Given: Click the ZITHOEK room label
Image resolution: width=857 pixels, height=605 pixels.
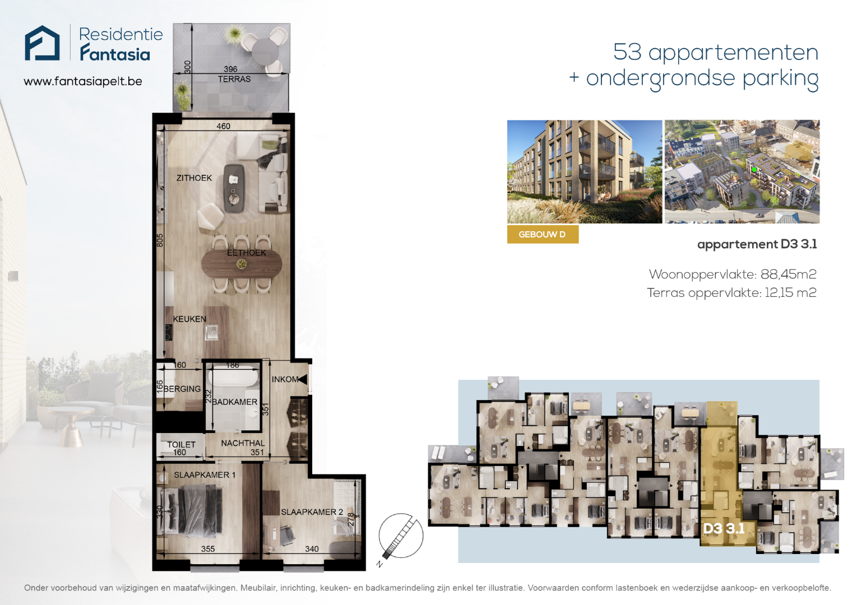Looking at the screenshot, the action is [x=194, y=178].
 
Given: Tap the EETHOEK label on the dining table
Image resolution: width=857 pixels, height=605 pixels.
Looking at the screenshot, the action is [x=247, y=253].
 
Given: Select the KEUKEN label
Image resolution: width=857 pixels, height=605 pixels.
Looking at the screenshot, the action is [x=189, y=319].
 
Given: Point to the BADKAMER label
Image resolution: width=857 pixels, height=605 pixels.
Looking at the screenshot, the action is [x=234, y=402].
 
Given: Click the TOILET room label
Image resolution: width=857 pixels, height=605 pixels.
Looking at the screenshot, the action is [x=182, y=444].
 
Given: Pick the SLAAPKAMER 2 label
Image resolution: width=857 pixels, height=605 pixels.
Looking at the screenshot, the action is [x=312, y=512].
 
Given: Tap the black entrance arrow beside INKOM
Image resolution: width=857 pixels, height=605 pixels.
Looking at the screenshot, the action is [x=303, y=379].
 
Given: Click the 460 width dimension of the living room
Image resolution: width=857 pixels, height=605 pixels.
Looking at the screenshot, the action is [x=224, y=126].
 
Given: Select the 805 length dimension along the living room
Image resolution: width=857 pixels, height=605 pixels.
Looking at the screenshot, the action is [x=160, y=240].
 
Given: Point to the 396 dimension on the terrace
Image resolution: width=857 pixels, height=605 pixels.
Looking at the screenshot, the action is [x=230, y=69].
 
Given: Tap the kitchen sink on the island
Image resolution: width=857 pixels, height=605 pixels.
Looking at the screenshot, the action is [x=211, y=332].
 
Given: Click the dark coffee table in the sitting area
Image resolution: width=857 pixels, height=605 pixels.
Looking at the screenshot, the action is [x=234, y=188].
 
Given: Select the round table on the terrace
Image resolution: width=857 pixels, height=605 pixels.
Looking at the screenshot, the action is [x=266, y=52].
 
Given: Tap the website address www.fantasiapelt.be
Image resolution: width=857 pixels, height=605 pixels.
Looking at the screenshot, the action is [x=82, y=81].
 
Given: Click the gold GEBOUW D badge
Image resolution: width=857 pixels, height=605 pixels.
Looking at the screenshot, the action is [x=543, y=234].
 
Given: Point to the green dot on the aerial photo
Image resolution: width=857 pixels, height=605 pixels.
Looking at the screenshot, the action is [x=754, y=169].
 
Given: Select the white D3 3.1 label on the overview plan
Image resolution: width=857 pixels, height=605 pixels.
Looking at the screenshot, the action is [x=724, y=528].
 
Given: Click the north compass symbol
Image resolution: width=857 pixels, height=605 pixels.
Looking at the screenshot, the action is [x=400, y=536].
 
